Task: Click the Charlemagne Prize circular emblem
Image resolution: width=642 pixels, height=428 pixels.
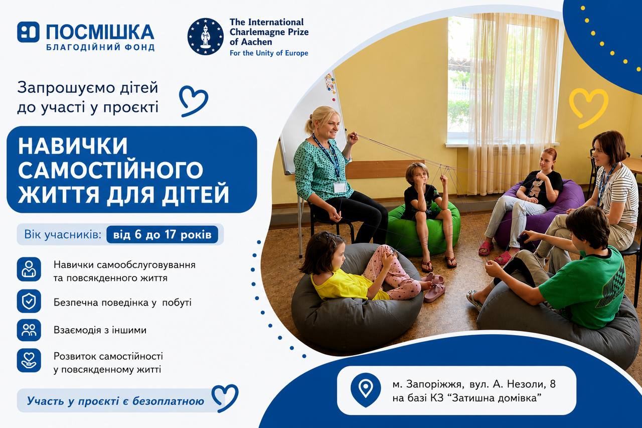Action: click(206, 37)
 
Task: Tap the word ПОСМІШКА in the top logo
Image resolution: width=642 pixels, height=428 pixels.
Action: click(100, 32)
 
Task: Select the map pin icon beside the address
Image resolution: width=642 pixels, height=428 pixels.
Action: click(366, 389)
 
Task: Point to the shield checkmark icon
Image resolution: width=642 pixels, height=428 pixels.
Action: click(29, 301)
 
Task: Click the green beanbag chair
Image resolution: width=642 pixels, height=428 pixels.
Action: click(423, 228)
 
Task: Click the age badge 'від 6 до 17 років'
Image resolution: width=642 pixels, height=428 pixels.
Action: click(162, 234)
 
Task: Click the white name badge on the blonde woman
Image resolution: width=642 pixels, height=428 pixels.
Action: click(340, 188)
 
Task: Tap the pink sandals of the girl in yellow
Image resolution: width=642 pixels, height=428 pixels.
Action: click(434, 287)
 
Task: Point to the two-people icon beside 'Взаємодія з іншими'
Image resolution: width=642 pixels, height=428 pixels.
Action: click(29, 330)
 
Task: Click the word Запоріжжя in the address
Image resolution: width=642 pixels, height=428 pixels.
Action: click(434, 384)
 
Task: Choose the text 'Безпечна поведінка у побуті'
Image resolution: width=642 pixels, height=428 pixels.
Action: click(122, 303)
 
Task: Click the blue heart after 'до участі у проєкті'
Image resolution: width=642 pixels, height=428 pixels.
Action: click(194, 101)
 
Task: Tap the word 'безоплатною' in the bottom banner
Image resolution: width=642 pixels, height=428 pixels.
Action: click(168, 401)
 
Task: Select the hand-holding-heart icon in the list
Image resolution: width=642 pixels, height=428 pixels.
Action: click(29, 360)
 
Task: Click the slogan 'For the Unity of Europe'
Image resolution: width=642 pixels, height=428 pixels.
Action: click(269, 53)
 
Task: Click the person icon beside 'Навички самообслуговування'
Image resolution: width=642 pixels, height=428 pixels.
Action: click(29, 269)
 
